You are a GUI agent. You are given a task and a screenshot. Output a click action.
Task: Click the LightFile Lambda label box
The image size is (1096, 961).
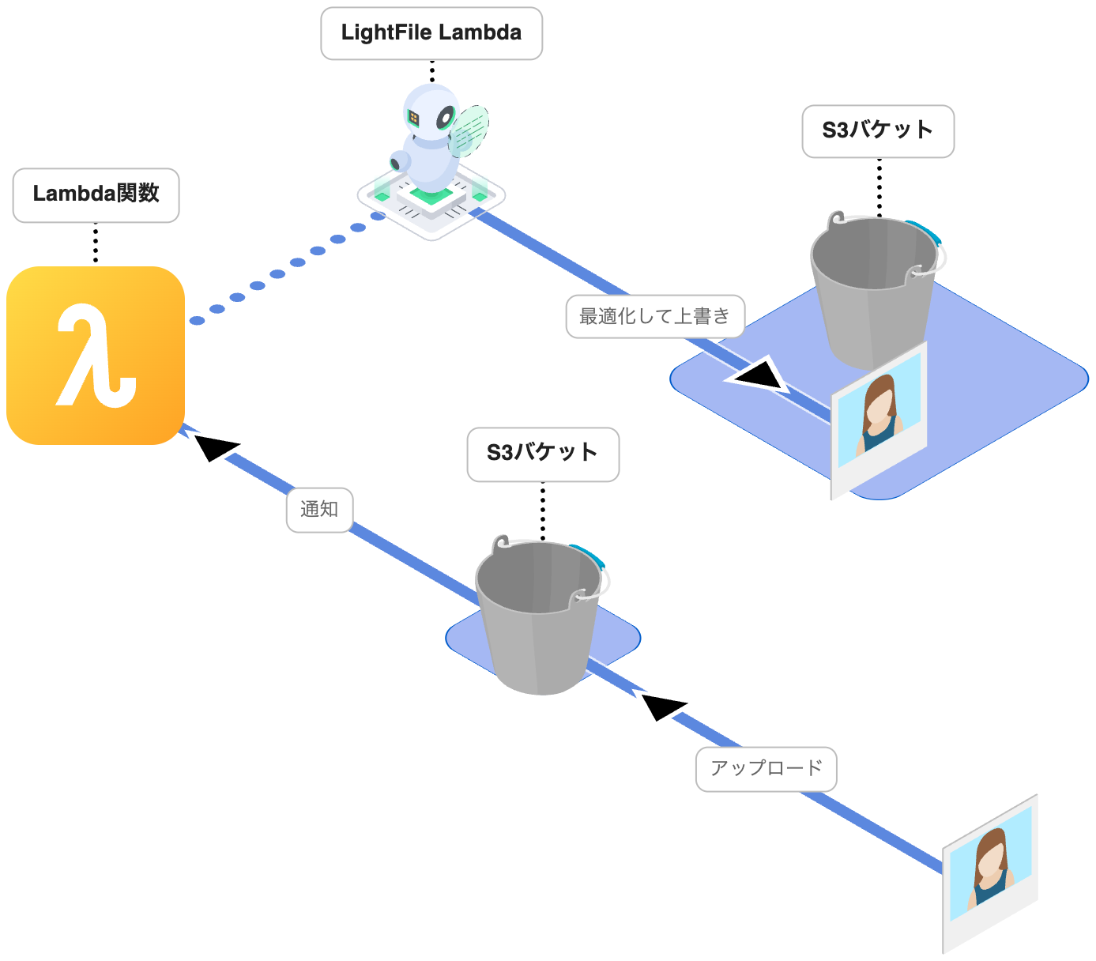(x=431, y=33)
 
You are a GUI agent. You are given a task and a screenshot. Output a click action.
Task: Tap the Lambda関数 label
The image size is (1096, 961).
(x=96, y=194)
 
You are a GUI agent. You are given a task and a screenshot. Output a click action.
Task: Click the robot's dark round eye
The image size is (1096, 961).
(x=446, y=118)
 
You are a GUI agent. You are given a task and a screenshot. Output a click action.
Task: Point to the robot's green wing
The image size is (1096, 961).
(x=471, y=131)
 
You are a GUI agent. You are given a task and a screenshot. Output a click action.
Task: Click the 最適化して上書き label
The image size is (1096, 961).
(x=655, y=317)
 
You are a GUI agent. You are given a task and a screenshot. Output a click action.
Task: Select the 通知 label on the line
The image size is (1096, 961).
(x=319, y=510)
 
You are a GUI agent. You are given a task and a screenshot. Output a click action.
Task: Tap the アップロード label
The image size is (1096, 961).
(x=766, y=768)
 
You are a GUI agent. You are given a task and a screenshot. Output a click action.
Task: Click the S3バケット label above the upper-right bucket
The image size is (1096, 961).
(x=878, y=131)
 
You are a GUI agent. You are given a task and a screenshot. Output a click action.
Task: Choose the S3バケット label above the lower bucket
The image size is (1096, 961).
(x=543, y=454)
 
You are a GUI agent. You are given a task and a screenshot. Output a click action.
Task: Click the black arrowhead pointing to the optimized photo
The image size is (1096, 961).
(x=759, y=375)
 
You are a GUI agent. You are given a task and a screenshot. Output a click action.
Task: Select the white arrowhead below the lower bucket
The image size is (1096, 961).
(x=662, y=705)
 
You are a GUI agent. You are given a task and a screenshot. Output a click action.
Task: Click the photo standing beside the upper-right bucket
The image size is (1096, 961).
(x=879, y=419)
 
